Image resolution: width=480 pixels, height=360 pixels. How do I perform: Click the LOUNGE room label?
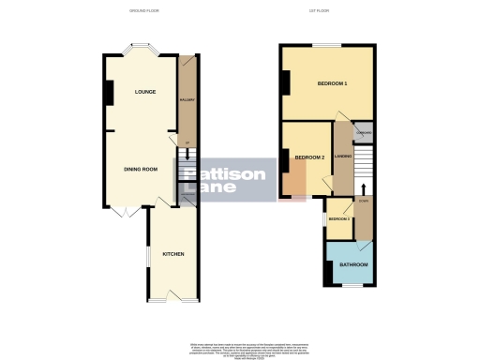tap(144, 92)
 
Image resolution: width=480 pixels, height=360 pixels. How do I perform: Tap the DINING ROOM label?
tap(141, 169)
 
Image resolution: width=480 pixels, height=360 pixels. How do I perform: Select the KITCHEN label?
tap(172, 254)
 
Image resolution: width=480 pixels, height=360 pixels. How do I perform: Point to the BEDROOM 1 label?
tap(332, 84)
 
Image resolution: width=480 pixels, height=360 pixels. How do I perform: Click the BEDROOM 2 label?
tap(308, 157)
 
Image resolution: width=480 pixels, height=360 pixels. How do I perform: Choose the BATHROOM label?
tap(352, 265)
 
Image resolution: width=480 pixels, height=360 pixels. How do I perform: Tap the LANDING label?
tap(342, 156)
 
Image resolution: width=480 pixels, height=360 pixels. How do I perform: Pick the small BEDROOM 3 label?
tap(338, 219)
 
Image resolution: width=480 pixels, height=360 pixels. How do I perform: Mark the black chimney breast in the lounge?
tap(109, 93)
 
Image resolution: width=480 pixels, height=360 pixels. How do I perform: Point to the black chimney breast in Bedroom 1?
tap(284, 83)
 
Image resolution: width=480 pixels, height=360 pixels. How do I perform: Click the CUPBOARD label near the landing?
tap(364, 133)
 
